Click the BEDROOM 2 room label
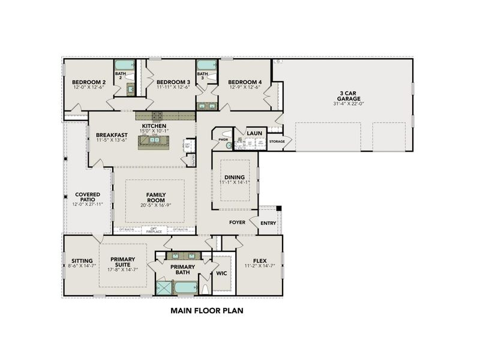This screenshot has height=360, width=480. [89, 82]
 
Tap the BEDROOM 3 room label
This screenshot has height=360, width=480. [173, 82]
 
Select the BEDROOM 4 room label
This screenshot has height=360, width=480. [245, 82]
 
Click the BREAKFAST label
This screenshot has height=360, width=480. [111, 135]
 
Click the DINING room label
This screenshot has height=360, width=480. [235, 178]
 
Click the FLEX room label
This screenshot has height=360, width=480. [259, 260]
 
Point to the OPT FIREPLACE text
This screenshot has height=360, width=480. [154, 230]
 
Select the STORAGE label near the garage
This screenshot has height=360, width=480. [277, 142]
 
